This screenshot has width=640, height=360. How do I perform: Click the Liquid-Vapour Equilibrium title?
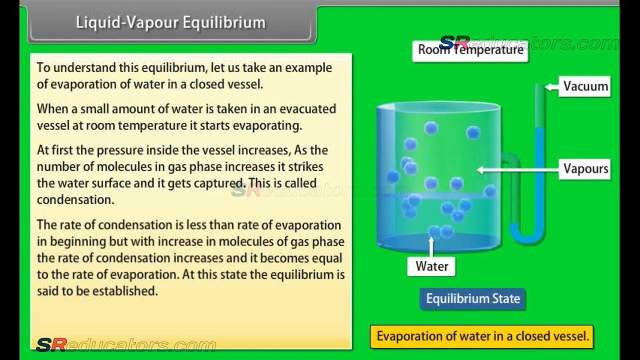[x=170, y=22]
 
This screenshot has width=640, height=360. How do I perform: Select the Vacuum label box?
[x=585, y=86]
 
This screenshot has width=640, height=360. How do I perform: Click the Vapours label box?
[x=585, y=169]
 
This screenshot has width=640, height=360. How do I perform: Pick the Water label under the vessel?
[x=431, y=266]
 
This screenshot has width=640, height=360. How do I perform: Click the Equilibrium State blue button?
[x=473, y=299]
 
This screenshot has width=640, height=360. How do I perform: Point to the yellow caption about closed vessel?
[x=482, y=336]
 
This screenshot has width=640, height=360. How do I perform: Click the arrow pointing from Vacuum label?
[x=552, y=87]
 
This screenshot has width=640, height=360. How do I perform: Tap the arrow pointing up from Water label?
[x=431, y=247]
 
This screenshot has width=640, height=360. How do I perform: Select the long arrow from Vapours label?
[x=518, y=170]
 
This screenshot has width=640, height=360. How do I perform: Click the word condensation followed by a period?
[x=75, y=200]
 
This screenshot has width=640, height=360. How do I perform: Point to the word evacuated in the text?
[x=307, y=109]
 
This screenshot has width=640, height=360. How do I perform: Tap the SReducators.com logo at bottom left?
[x=126, y=345]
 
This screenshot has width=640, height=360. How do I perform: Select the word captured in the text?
[x=220, y=183]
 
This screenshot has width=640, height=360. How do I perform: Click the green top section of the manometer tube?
[x=539, y=105]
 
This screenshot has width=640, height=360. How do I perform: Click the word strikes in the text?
[x=305, y=167]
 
